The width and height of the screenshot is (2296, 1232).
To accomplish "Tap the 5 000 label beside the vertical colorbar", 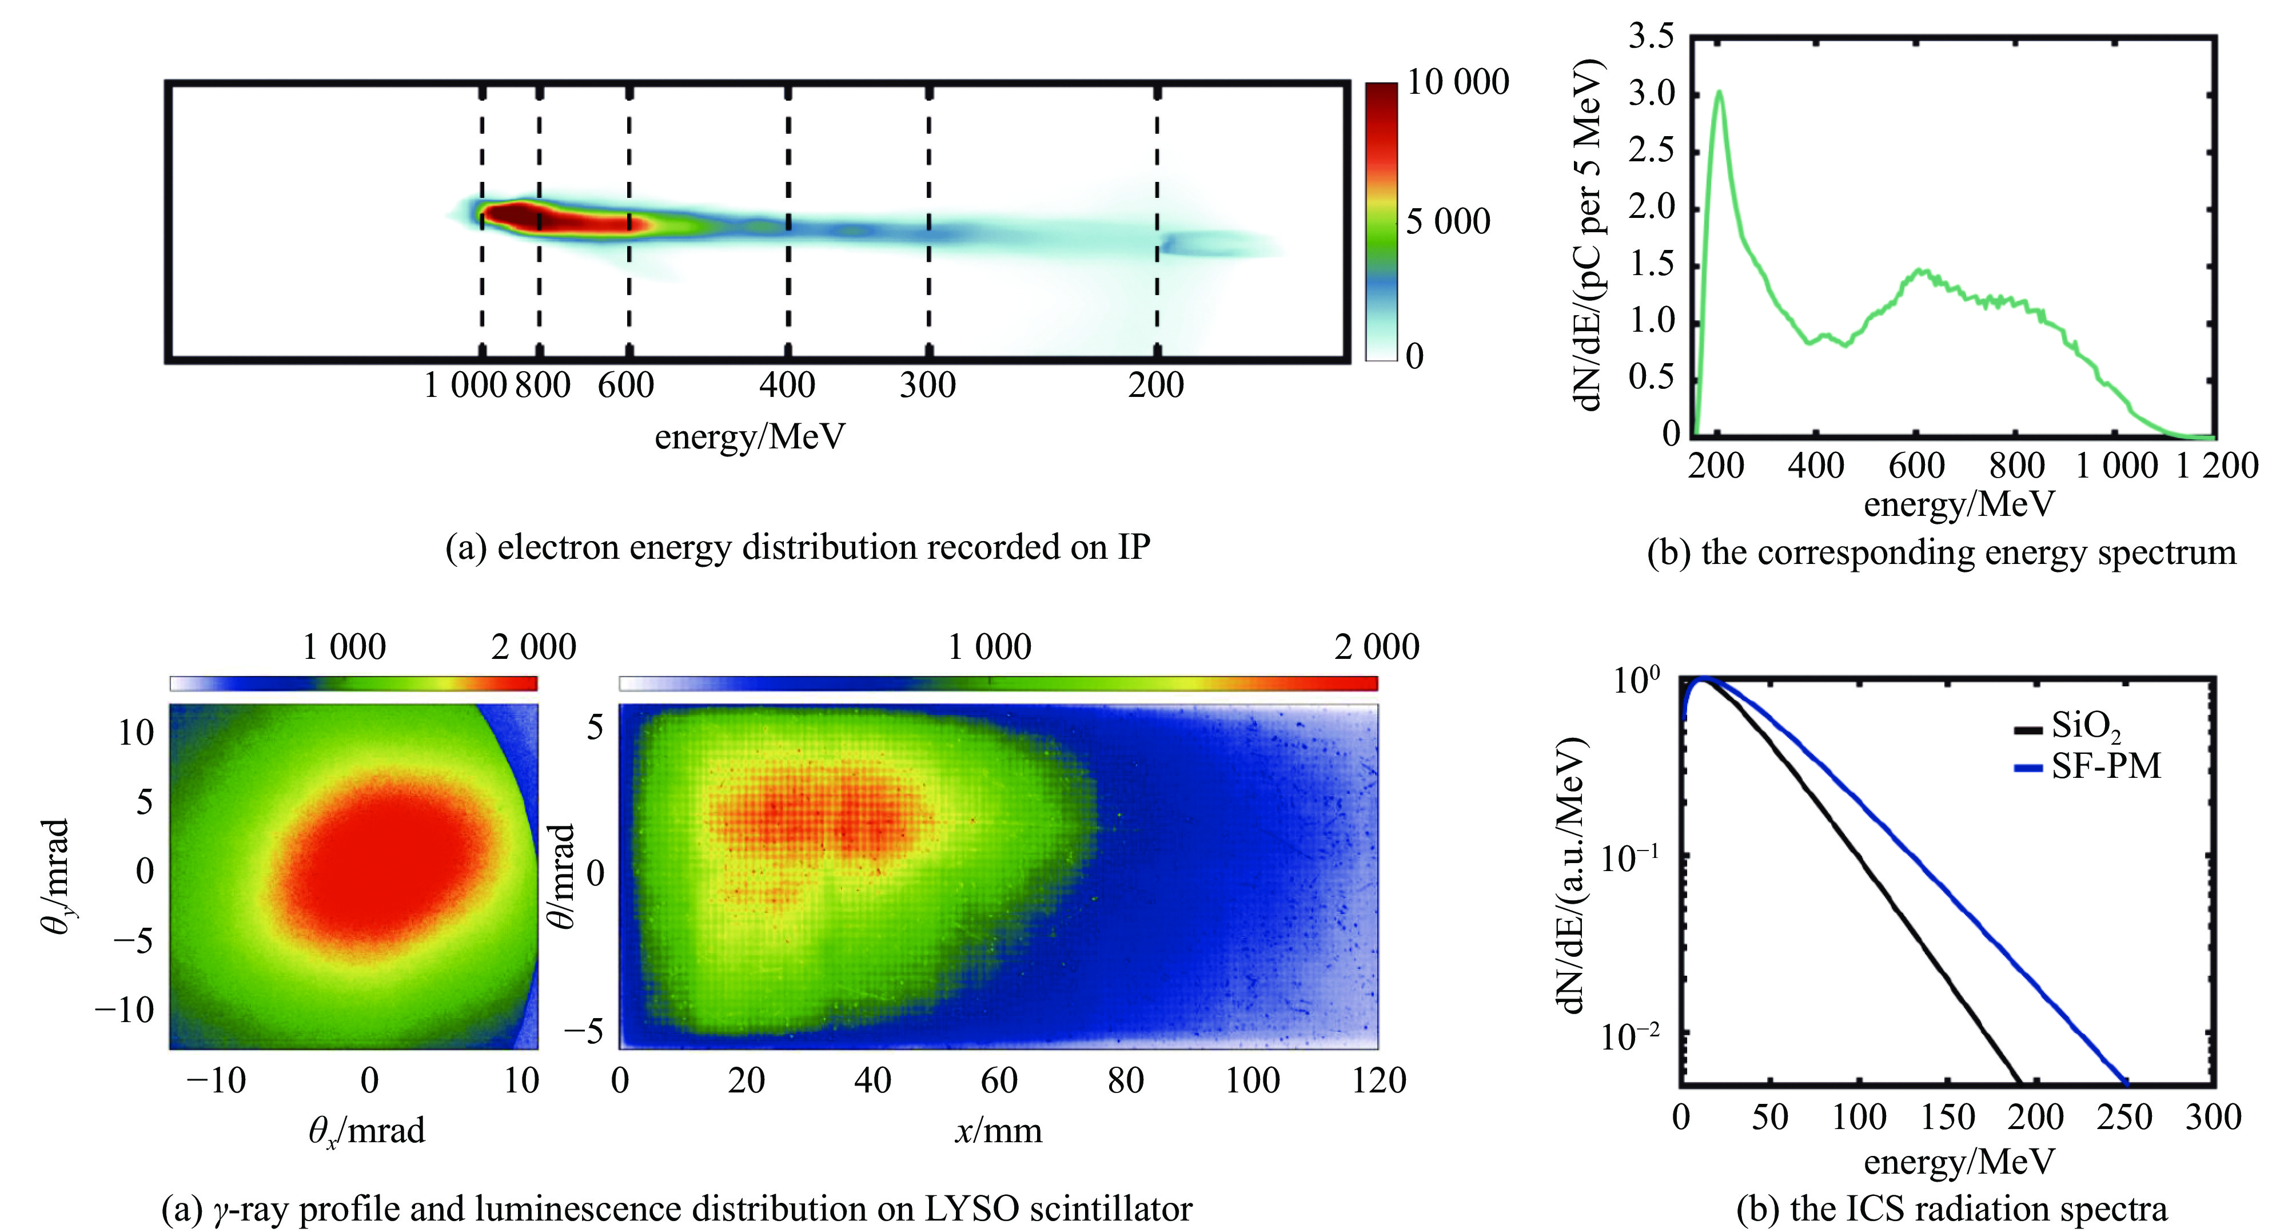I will click(1448, 221).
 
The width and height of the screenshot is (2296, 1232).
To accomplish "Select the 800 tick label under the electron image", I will click(543, 385).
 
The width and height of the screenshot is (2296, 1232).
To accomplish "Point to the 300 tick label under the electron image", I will click(928, 385).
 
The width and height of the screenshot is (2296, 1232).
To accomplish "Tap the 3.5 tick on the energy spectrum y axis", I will click(1652, 37).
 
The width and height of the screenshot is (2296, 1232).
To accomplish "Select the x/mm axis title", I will click(998, 1130).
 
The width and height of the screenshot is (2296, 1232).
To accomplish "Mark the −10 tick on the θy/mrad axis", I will click(125, 1010).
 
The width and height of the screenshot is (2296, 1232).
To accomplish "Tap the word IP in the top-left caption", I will click(1134, 546).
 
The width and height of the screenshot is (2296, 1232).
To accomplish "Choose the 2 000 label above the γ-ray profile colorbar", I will click(533, 647).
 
